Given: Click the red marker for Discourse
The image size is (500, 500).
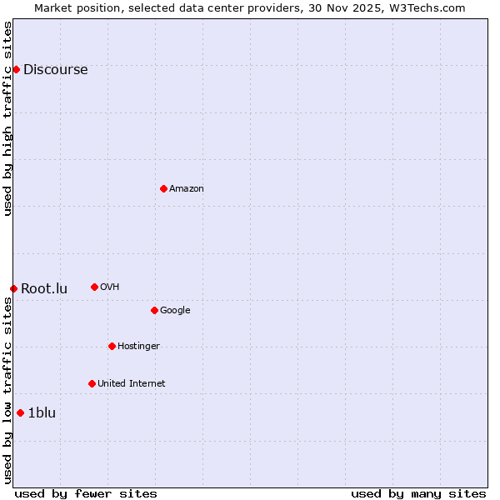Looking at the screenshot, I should pyautogui.click(x=16, y=69).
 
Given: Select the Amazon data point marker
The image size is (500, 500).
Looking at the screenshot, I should pyautogui.click(x=163, y=188).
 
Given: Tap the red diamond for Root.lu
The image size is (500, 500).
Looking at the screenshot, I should pyautogui.click(x=13, y=288).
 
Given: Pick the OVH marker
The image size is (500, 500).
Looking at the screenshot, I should pyautogui.click(x=94, y=287).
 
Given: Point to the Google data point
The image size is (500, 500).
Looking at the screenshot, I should pyautogui.click(x=154, y=310).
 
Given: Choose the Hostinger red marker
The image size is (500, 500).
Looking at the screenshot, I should pyautogui.click(x=112, y=346).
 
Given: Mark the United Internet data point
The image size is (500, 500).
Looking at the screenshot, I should pyautogui.click(x=92, y=383).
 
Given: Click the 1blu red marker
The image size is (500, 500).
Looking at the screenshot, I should pyautogui.click(x=20, y=412).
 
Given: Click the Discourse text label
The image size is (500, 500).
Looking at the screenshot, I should pyautogui.click(x=55, y=70).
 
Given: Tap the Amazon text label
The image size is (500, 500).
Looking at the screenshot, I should pyautogui.click(x=187, y=189).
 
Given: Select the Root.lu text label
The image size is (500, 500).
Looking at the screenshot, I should pyautogui.click(x=44, y=289).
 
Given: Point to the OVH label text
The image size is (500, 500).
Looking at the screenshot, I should pyautogui.click(x=109, y=287).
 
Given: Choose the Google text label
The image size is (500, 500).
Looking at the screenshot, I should pyautogui.click(x=175, y=311).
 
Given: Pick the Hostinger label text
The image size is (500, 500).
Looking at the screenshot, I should pyautogui.click(x=138, y=347).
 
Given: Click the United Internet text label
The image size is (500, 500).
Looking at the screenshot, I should pyautogui.click(x=131, y=384).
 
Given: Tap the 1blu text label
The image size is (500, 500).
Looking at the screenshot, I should pyautogui.click(x=42, y=413).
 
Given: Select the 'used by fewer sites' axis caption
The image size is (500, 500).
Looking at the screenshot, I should pyautogui.click(x=86, y=493).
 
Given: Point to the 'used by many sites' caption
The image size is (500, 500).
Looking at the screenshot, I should pyautogui.click(x=418, y=493).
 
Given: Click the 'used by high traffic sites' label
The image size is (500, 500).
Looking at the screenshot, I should pyautogui.click(x=8, y=118).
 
